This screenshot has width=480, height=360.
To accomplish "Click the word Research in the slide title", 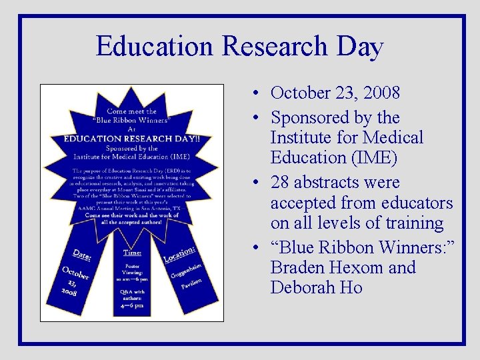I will click(x=275, y=47).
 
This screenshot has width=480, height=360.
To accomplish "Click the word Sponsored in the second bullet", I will click(x=310, y=118).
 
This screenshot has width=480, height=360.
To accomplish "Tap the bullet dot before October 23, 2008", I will click(x=257, y=92).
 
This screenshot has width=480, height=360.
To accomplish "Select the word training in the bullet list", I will click(x=411, y=223).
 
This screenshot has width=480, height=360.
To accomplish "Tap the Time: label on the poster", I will click(x=132, y=252).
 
